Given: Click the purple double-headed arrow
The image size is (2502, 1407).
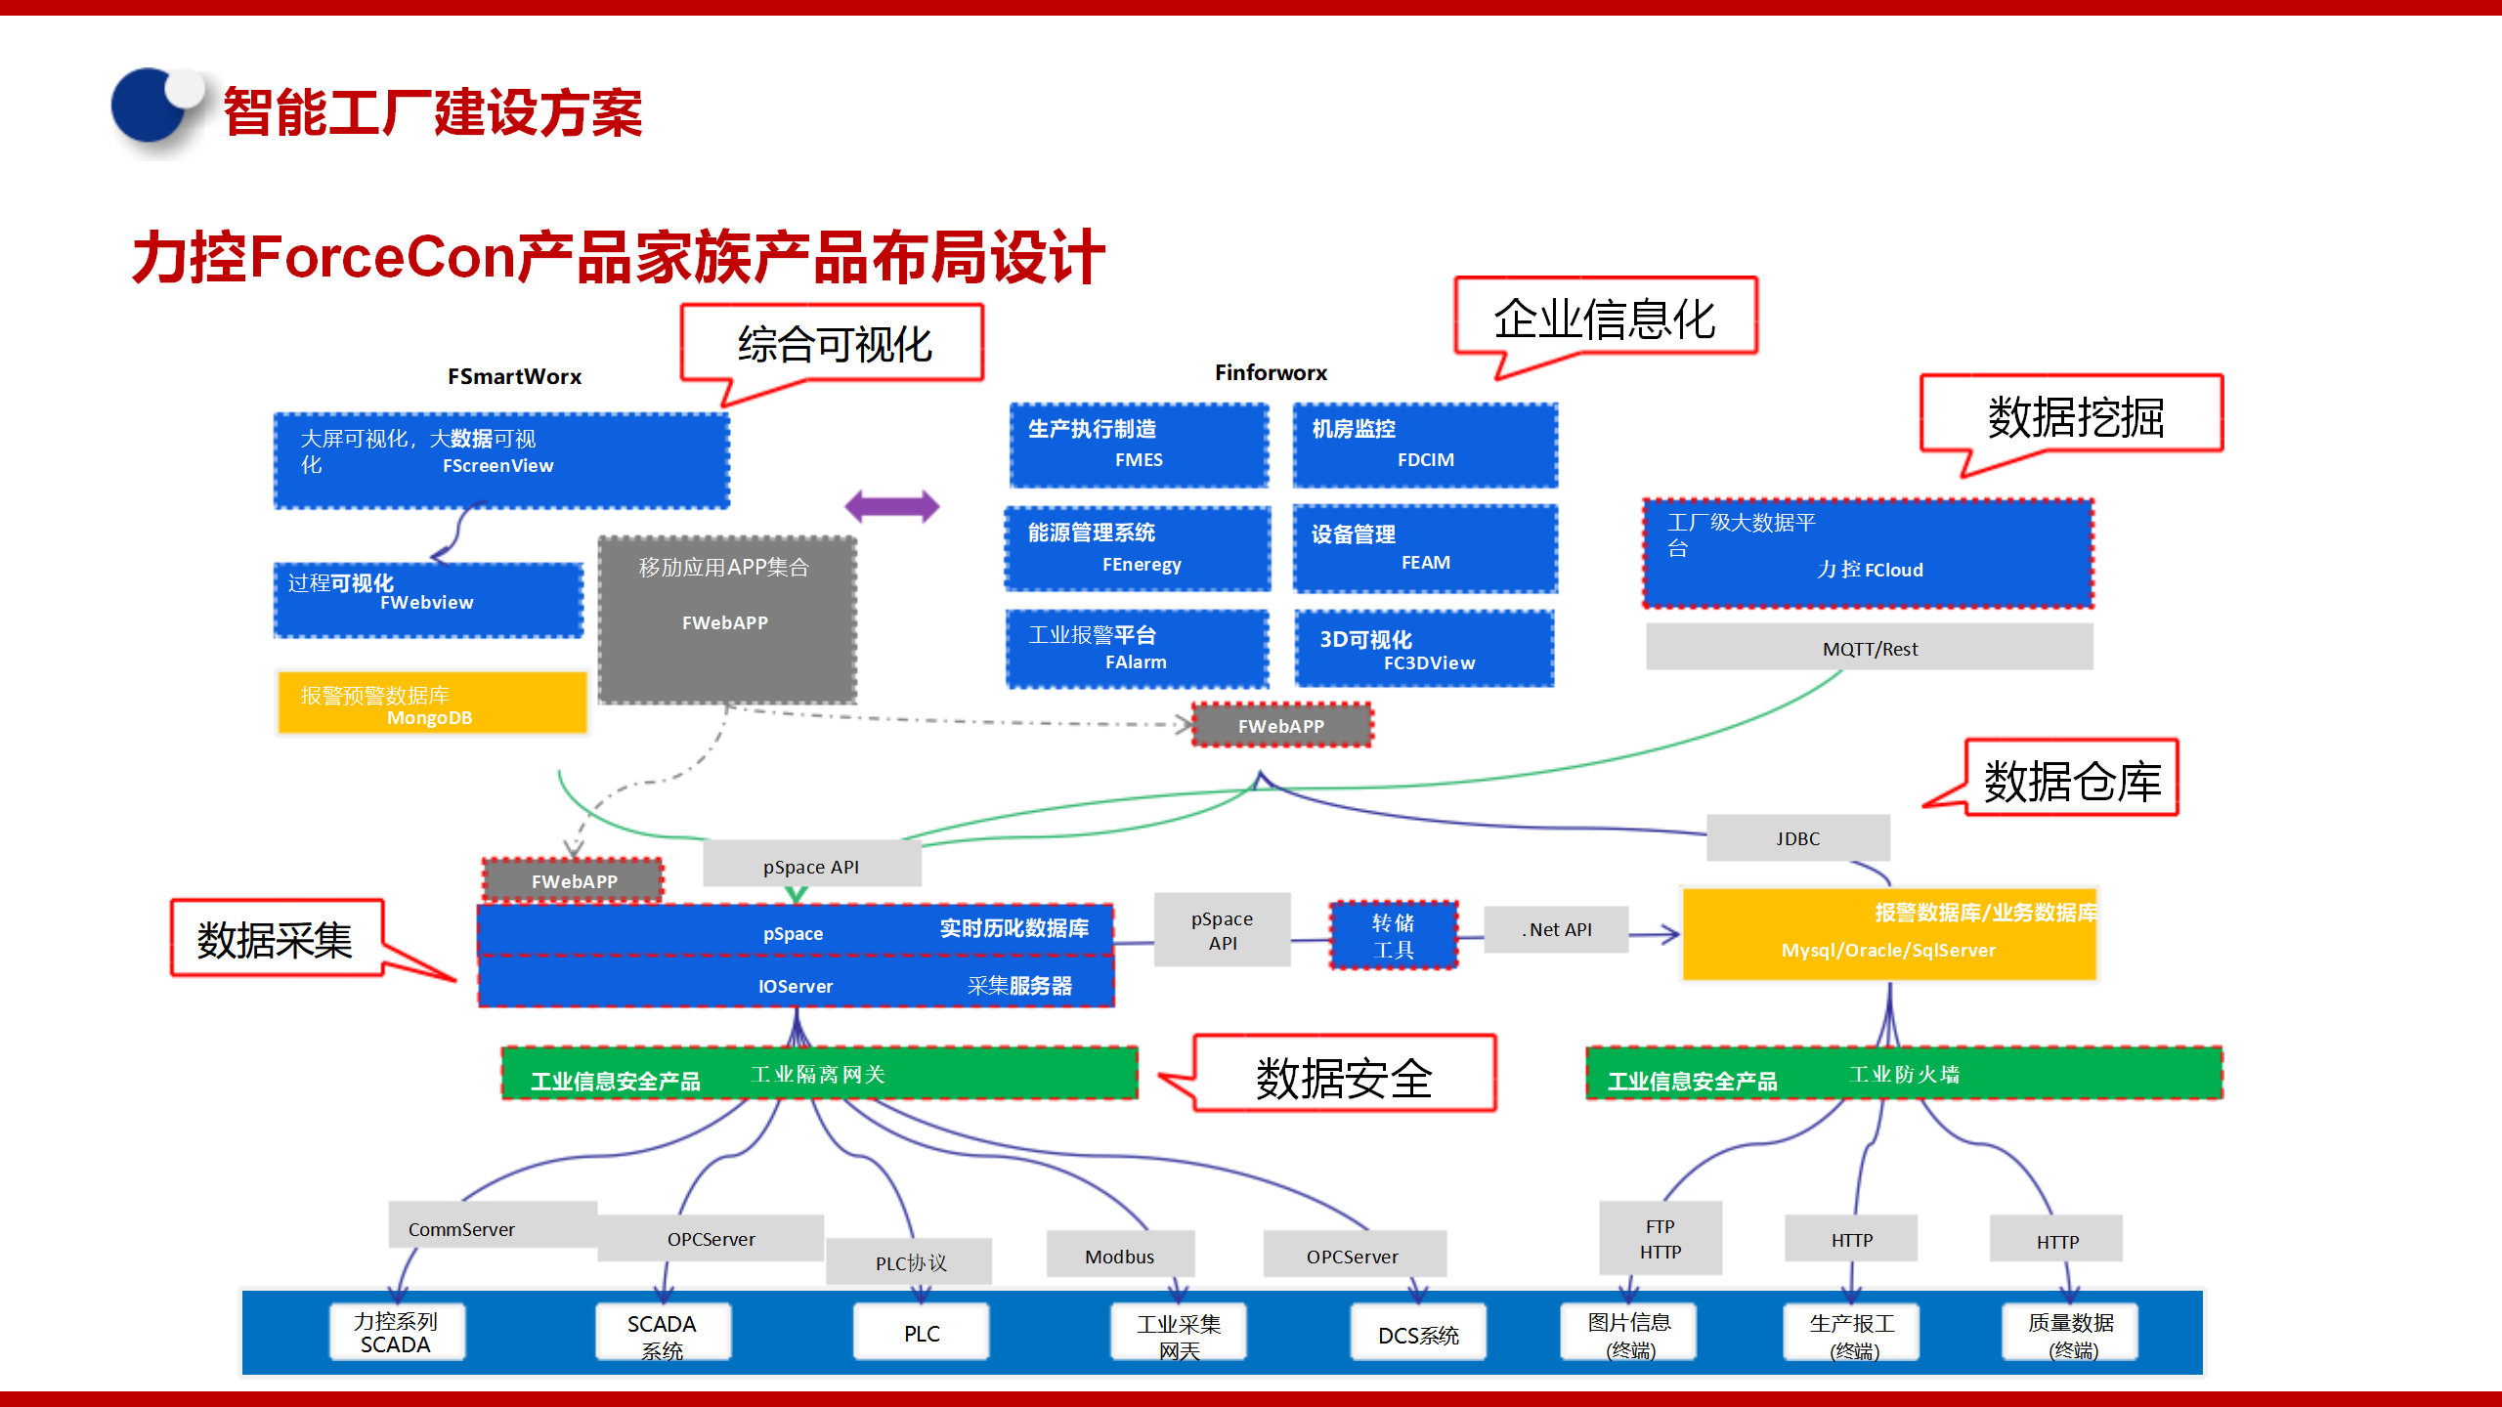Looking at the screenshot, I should pos(891,506).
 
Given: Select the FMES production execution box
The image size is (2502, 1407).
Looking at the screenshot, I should pos(1139,446).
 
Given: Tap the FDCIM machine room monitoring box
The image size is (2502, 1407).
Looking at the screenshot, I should pos(1425,446).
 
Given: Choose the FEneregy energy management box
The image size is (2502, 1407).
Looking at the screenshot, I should pos(1139,549).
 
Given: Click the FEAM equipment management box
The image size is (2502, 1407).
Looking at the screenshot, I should pos(1425,549).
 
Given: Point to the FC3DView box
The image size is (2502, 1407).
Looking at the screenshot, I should pos(1425,650).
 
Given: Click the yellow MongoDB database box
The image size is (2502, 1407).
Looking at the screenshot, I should pos(432,703).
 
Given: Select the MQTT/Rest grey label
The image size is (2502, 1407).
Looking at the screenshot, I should pos(1869,649).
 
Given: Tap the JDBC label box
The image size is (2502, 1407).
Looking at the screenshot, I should pos(1797,838).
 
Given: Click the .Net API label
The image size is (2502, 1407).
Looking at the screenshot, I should pos(1556,930).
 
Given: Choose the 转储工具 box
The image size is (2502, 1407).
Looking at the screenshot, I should pos(1394,936).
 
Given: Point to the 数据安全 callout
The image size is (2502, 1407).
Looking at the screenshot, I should pos(1345,1075).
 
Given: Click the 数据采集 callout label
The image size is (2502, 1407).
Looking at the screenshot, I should pos(276,939).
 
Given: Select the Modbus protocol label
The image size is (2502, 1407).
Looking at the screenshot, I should pos(1120,1257).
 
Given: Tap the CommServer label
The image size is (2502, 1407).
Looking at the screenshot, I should pos(462,1229).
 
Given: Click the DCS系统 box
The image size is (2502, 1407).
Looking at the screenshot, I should pos(1418,1335).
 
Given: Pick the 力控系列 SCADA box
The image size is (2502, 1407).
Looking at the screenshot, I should pos(396,1333).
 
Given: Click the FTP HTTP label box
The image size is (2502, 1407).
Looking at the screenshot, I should pos(1660,1239).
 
